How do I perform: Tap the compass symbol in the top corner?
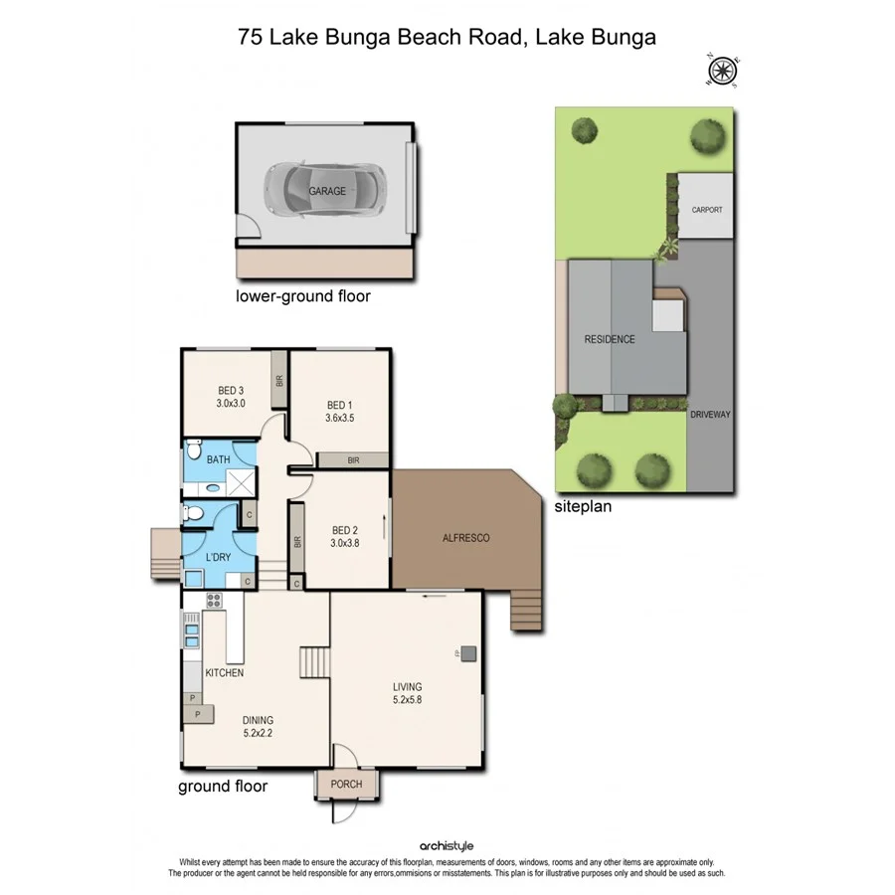pos(721,70)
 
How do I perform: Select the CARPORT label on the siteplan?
pos(706,210)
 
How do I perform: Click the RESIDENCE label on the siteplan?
pos(609,339)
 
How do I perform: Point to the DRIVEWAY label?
pos(710,414)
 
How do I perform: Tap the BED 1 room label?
pos(338,405)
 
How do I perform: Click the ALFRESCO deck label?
pos(465,538)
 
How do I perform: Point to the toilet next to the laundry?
pos(196,514)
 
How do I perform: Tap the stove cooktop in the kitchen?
pos(213,600)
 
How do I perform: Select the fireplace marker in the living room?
pos(468,653)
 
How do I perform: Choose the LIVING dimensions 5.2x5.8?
pos(406,700)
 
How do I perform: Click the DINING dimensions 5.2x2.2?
pos(257,734)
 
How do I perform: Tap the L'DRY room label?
pos(218,557)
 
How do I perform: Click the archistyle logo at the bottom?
pos(447,845)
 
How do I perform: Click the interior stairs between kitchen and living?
pos(314,661)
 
